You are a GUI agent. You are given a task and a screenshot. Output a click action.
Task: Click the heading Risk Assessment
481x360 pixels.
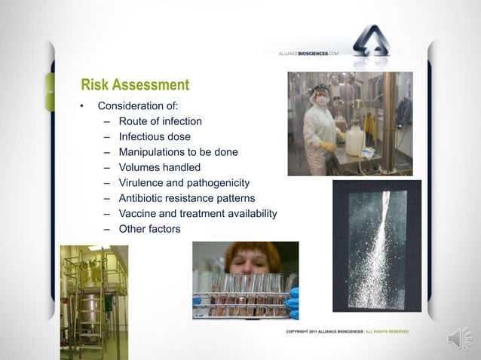click(135, 84)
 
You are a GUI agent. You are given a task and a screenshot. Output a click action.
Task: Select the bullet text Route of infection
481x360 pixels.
click(160, 121)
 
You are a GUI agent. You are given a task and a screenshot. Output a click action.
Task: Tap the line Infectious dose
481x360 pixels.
click(155, 136)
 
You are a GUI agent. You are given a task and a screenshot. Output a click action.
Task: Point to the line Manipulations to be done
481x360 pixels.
click(178, 151)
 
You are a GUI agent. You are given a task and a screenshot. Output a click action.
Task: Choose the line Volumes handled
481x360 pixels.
click(159, 167)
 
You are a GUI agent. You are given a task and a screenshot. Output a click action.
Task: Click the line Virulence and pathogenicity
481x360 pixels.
click(184, 182)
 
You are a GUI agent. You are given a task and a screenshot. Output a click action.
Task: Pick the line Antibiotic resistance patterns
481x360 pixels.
click(187, 198)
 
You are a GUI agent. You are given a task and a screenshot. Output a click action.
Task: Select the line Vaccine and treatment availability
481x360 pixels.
click(198, 214)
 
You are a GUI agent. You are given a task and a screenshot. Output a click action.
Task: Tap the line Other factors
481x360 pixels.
click(149, 229)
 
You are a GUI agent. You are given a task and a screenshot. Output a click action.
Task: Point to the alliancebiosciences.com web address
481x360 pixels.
click(308, 54)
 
